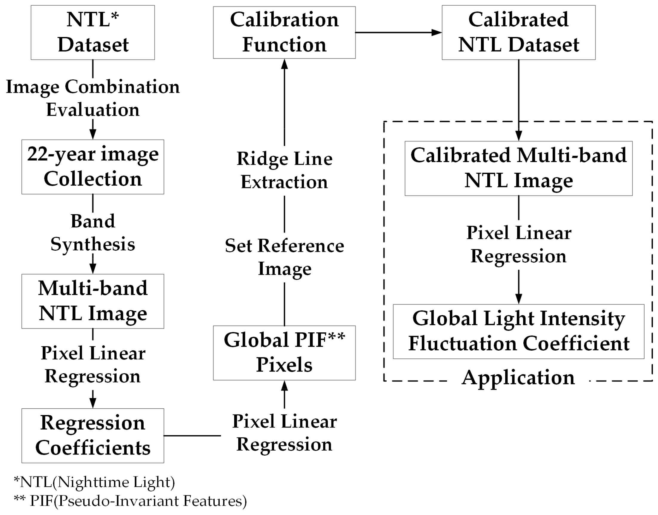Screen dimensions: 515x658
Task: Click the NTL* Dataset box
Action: coord(93,32)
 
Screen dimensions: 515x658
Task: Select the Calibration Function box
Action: coord(284,32)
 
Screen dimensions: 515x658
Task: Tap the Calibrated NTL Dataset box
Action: coord(518,32)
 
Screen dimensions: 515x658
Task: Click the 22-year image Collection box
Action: coord(93,166)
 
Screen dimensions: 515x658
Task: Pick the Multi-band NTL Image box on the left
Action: coord(93,301)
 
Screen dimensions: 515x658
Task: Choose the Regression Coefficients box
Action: coord(93,435)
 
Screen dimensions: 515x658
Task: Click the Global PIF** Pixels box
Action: coord(284,352)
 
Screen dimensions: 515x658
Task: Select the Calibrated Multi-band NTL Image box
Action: coord(518,168)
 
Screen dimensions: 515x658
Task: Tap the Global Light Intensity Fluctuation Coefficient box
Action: coord(518,331)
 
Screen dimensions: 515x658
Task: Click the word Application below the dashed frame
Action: coord(518,377)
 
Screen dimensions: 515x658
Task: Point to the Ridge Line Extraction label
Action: coord(284,170)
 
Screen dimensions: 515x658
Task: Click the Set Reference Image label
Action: coord(284,257)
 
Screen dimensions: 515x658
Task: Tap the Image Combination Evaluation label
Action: coord(93,98)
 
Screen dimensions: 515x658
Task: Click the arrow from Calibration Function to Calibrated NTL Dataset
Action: coord(398,32)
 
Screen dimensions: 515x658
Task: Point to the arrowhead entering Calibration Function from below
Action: coord(284,64)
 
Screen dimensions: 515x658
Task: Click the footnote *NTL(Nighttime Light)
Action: coord(94,482)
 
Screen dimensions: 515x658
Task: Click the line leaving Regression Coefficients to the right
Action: coord(192,435)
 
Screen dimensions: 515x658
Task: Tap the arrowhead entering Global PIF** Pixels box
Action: coord(284,386)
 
